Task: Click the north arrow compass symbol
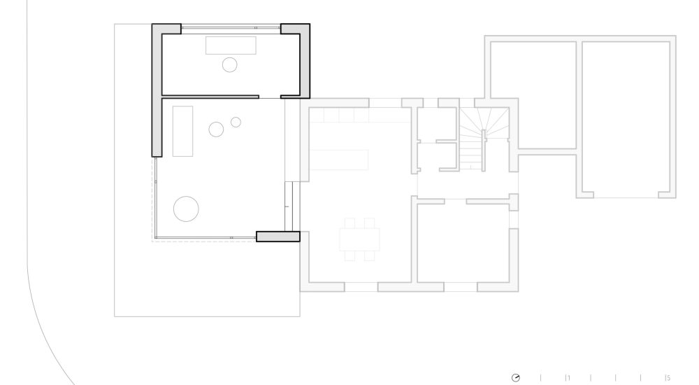click(x=516, y=378)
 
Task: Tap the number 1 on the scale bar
click(x=569, y=378)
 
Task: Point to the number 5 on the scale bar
click(x=668, y=378)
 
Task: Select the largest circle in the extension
click(x=186, y=209)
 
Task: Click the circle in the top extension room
click(x=229, y=65)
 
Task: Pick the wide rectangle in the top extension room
click(x=231, y=45)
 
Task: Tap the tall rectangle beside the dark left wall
click(x=182, y=132)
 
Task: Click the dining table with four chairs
click(x=360, y=239)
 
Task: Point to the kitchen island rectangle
click(x=339, y=160)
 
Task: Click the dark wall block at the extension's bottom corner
click(x=278, y=237)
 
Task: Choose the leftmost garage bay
click(x=533, y=95)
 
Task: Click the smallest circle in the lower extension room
click(x=236, y=122)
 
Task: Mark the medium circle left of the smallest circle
click(x=216, y=129)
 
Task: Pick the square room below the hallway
click(x=463, y=243)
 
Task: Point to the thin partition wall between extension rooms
click(x=210, y=97)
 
